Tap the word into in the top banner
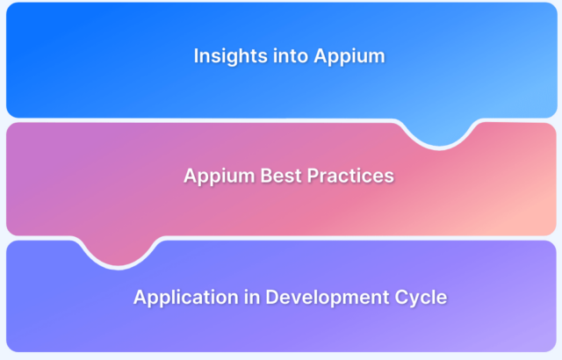pyautogui.click(x=291, y=56)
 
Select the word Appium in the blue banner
pyautogui.click(x=349, y=57)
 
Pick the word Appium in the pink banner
pyautogui.click(x=220, y=176)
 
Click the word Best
pyautogui.click(x=281, y=176)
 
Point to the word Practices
pyautogui.click(x=350, y=176)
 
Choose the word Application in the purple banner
pyautogui.click(x=186, y=298)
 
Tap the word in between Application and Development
pyautogui.click(x=252, y=297)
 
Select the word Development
pyautogui.click(x=328, y=298)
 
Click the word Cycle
pyautogui.click(x=421, y=298)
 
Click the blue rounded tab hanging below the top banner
pyautogui.click(x=440, y=133)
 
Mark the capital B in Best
pyautogui.click(x=267, y=176)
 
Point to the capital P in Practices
pyautogui.click(x=313, y=176)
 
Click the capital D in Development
pyautogui.click(x=272, y=297)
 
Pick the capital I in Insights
pyautogui.click(x=196, y=56)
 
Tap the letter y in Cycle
pyautogui.click(x=416, y=299)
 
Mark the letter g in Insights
pyautogui.click(x=230, y=59)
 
